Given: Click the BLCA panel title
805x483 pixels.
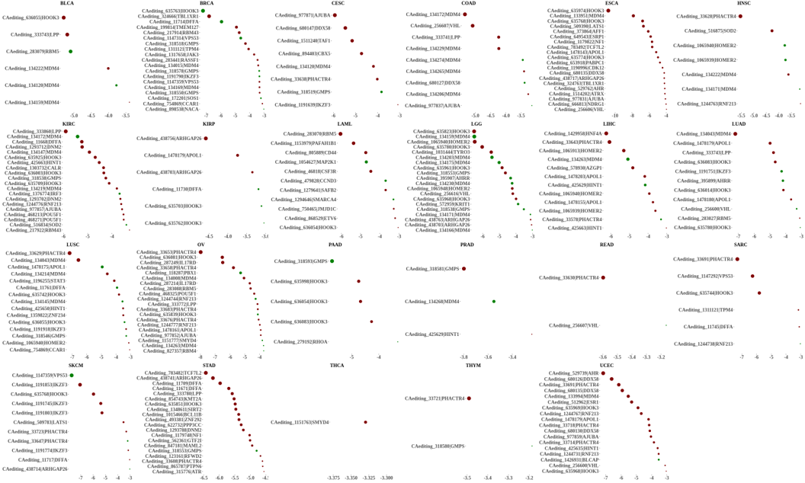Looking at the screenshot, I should [67, 4].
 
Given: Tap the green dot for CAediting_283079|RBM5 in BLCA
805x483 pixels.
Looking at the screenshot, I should [70, 52].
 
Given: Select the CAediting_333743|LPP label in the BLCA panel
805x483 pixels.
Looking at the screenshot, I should [34, 34].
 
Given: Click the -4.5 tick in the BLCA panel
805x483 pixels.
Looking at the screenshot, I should [91, 116].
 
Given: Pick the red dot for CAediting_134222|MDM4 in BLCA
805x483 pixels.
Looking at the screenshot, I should [108, 69].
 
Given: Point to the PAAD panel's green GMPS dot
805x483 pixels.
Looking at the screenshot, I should [332, 261].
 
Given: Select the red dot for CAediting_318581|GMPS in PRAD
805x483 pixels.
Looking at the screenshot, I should [463, 269].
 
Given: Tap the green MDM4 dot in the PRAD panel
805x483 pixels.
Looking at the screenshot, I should [494, 302].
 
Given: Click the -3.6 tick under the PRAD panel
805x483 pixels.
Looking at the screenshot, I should [488, 357].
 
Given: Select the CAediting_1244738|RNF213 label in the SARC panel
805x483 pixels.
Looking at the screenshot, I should [705, 344].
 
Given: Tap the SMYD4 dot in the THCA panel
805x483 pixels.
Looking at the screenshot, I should [365, 422].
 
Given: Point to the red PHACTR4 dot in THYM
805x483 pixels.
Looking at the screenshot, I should [469, 398].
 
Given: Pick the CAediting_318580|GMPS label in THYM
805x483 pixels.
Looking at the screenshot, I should [438, 446].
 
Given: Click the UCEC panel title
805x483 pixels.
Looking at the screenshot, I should [607, 366].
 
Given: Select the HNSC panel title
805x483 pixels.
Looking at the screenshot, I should [743, 4].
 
